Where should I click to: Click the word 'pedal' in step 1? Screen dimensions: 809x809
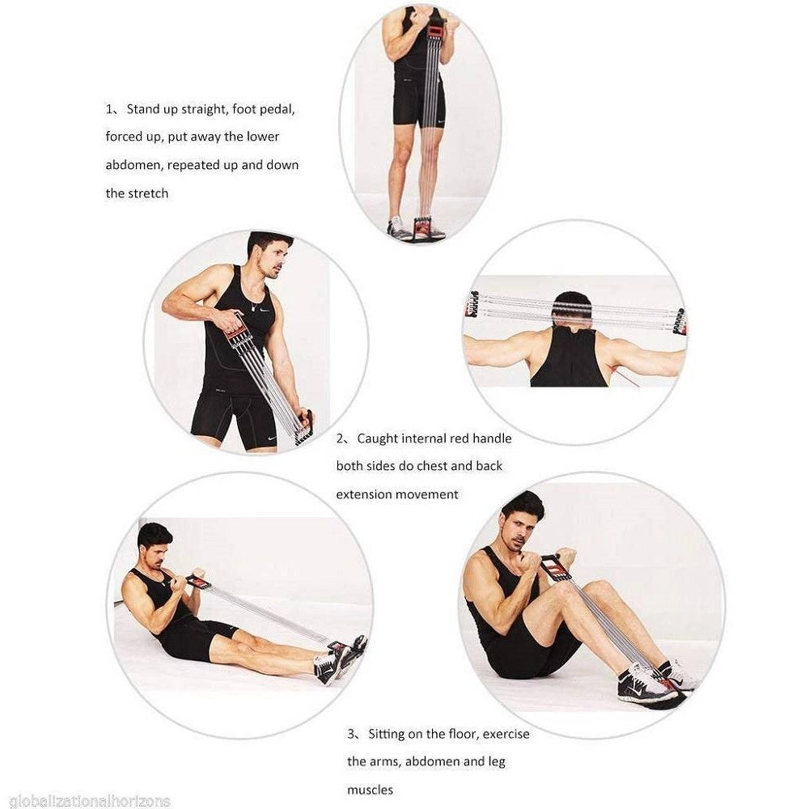[278, 109]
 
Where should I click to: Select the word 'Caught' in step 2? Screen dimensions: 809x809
[377, 438]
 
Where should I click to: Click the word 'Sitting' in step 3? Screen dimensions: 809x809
[386, 734]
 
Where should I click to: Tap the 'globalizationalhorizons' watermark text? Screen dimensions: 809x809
[90, 801]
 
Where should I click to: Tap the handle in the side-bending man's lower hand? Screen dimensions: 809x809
[304, 427]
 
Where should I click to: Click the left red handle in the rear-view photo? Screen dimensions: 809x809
[472, 306]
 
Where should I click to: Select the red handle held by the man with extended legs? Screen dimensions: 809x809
[196, 580]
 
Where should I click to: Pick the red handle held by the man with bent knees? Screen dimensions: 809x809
[552, 566]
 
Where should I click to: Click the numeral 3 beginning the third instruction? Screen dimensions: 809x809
[351, 734]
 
